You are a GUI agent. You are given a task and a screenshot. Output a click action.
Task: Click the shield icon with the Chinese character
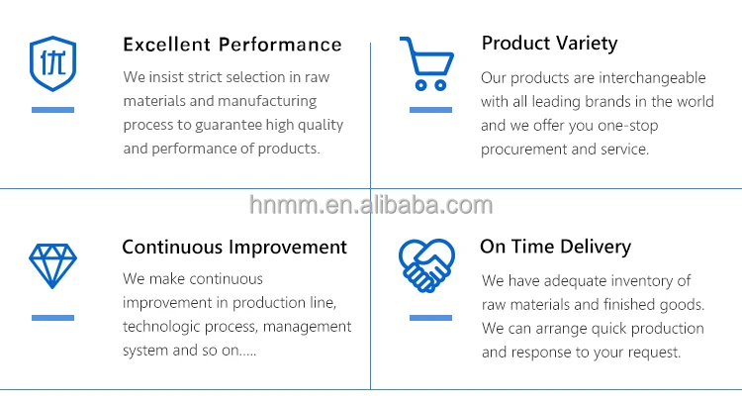53,63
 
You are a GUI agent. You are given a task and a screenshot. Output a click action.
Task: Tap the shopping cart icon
426,63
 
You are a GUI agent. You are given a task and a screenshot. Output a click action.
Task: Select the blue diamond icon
52,266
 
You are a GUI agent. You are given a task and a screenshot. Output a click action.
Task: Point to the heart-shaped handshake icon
426,265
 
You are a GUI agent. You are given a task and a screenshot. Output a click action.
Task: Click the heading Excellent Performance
232,45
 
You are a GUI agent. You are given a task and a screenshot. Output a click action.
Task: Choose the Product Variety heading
549,44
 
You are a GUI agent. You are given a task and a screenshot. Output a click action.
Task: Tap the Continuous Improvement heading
234,248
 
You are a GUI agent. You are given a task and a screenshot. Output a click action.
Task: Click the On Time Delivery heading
556,247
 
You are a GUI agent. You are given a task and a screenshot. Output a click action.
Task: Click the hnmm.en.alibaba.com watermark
371,205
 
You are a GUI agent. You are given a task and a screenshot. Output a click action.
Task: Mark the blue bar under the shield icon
53,110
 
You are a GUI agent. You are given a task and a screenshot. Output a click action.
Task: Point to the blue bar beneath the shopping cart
430,110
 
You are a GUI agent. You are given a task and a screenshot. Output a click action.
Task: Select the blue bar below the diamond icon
53,318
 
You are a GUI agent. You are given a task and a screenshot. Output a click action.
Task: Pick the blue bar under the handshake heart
430,318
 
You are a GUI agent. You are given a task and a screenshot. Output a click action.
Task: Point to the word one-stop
628,126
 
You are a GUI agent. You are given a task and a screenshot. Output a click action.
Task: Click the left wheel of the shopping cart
420,85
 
